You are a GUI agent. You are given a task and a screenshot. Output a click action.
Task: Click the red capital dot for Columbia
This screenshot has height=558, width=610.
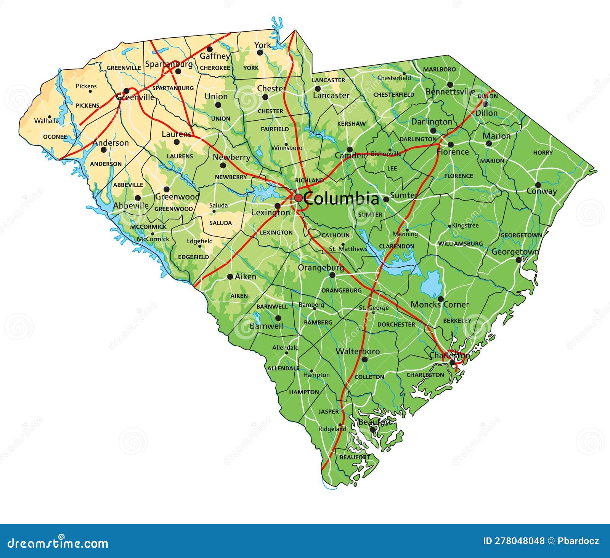click(298, 198)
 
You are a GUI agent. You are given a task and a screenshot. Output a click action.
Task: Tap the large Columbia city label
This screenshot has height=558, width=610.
click(342, 199)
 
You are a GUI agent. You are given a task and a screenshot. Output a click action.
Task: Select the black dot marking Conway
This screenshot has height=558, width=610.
click(538, 185)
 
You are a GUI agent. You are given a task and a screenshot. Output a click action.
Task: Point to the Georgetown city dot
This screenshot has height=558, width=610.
click(518, 260)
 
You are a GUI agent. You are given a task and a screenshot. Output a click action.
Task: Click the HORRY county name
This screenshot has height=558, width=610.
click(543, 153)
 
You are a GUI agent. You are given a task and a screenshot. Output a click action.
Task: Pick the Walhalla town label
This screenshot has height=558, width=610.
click(47, 121)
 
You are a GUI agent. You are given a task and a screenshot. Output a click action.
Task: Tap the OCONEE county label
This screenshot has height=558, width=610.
click(55, 137)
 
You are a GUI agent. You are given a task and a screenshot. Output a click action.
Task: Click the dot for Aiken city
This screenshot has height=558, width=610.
click(230, 277)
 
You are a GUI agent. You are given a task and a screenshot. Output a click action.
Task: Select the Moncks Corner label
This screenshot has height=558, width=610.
click(440, 305)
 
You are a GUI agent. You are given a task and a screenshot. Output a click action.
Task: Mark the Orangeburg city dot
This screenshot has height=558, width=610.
click(332, 275)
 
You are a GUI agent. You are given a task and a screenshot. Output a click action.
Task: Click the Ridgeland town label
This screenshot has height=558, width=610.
click(332, 429)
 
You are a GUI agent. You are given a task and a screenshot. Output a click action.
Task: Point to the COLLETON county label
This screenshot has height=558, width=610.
click(369, 377)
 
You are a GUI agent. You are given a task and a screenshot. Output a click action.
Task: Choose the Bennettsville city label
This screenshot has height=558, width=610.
click(450, 92)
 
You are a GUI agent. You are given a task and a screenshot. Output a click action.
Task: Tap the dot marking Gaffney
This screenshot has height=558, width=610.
click(209, 49)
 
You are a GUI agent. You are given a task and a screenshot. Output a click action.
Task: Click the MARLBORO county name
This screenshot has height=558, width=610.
click(439, 69)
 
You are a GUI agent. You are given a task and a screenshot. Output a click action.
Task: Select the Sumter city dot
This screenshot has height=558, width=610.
click(386, 199)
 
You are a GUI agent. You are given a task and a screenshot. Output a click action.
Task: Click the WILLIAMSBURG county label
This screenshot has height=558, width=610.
click(460, 243)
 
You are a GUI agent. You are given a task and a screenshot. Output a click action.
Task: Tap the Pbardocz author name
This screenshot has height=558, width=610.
click(578, 541)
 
